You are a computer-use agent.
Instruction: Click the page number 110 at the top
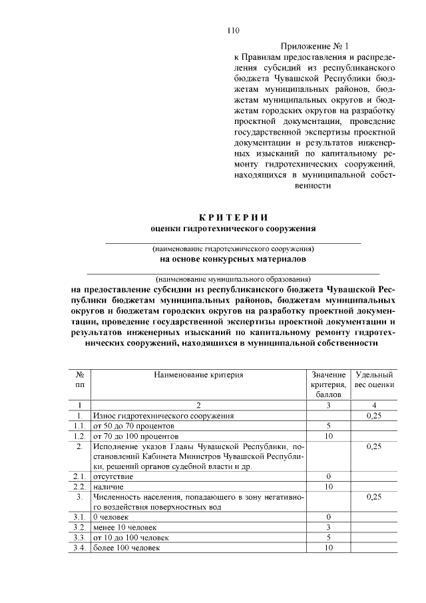232,30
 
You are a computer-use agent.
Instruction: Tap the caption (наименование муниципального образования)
232,279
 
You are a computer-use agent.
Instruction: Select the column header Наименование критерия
199,375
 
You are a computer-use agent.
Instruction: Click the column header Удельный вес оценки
375,380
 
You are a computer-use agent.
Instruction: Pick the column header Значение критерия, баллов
328,384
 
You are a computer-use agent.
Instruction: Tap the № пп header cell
80,380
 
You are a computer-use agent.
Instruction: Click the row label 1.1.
80,425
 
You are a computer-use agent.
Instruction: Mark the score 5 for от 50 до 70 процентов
329,425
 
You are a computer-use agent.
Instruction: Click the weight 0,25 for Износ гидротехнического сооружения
375,415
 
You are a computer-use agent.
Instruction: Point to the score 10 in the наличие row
329,486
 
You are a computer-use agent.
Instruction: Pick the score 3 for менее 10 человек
329,527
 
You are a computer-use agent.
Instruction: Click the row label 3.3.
80,537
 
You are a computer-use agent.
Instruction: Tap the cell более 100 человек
126,548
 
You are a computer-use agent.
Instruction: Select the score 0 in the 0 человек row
329,517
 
